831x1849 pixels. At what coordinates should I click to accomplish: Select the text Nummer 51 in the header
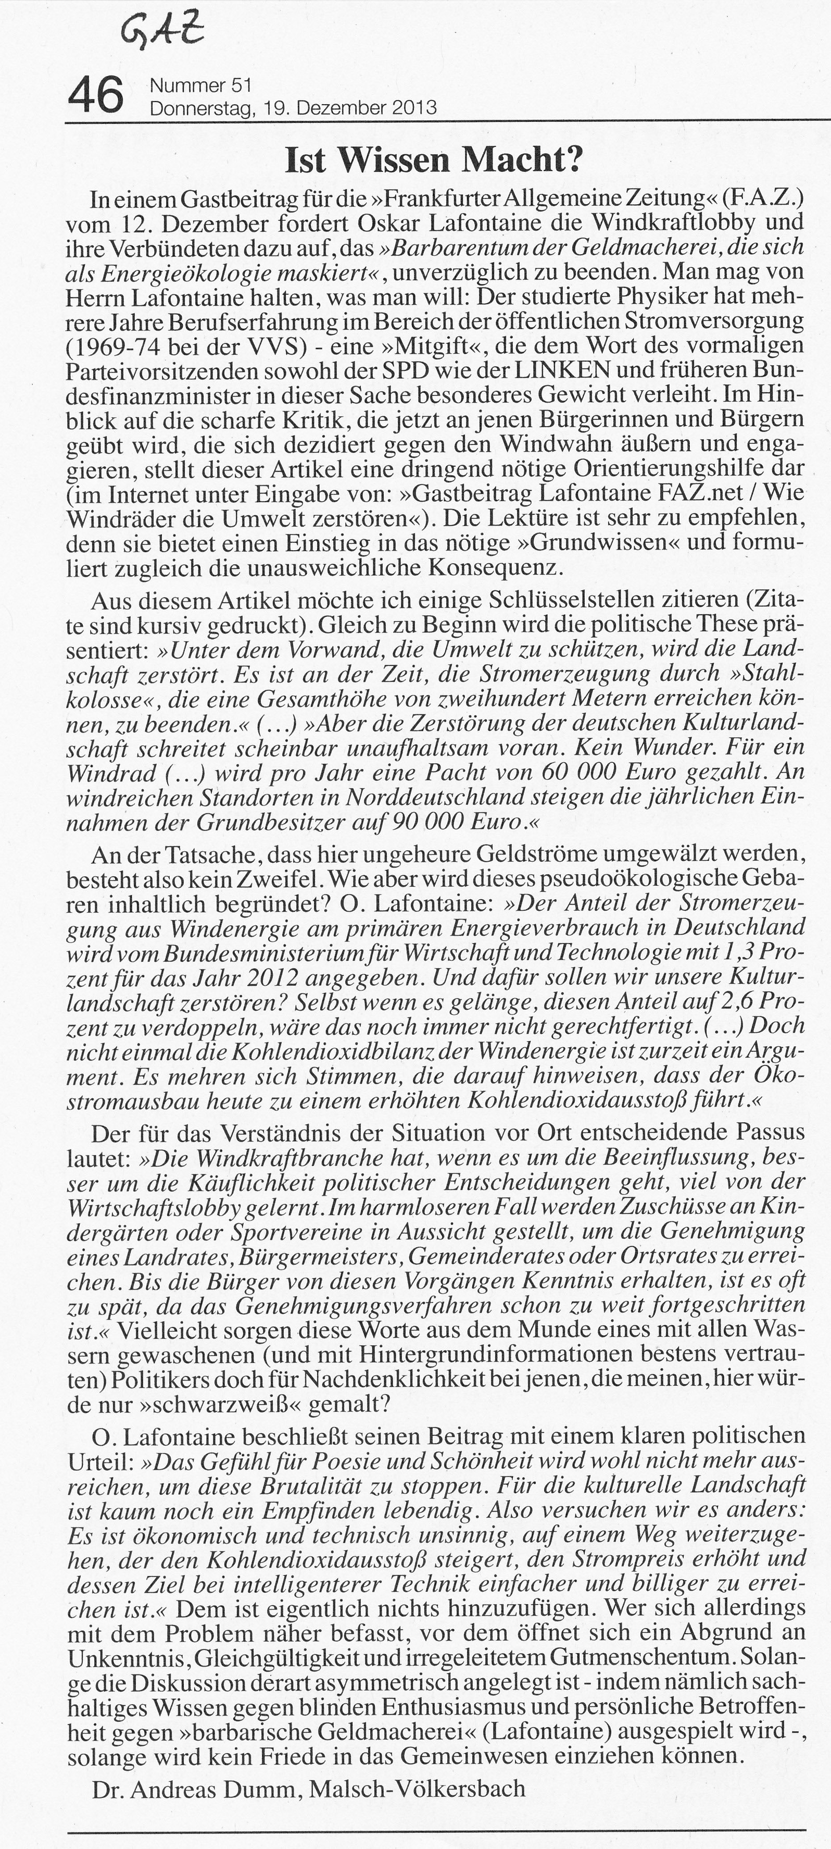pos(199,85)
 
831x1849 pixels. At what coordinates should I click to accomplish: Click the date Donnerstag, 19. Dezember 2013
pos(292,108)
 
